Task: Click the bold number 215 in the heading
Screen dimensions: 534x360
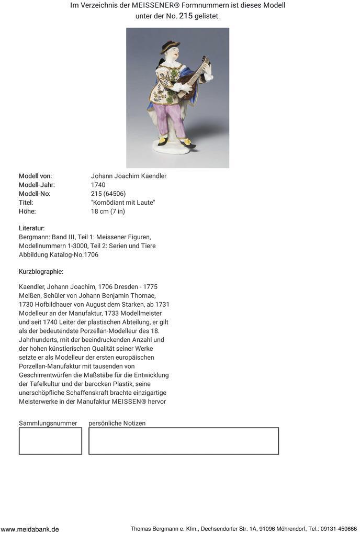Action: (x=186, y=16)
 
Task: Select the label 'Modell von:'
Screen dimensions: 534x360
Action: (x=35, y=176)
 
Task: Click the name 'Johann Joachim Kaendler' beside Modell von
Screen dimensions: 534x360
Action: (x=129, y=176)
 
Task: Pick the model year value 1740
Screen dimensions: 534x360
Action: (x=98, y=185)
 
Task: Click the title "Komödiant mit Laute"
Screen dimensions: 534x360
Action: (x=123, y=203)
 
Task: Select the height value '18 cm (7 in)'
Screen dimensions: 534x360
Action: (x=108, y=212)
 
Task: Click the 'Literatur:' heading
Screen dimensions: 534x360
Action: (x=32, y=228)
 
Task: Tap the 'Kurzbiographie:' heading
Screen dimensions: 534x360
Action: (x=41, y=272)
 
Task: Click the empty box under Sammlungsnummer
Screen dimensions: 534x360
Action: (x=50, y=441)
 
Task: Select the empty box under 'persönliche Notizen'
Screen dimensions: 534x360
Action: (x=183, y=441)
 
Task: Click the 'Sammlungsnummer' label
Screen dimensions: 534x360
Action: (x=48, y=423)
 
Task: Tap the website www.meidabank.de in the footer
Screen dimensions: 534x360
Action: (x=30, y=529)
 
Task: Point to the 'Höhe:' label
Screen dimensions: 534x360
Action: (x=27, y=212)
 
